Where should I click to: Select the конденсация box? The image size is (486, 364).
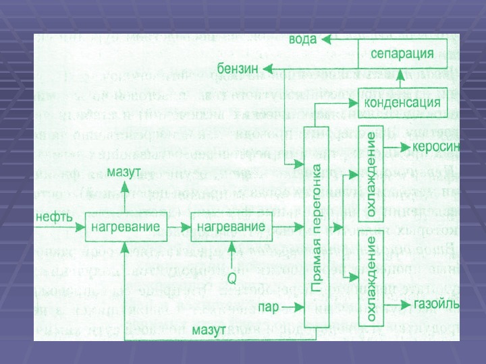[403, 103]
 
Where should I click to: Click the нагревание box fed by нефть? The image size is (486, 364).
[126, 227]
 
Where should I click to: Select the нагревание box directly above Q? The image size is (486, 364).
[232, 227]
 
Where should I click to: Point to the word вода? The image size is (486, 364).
[302, 39]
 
